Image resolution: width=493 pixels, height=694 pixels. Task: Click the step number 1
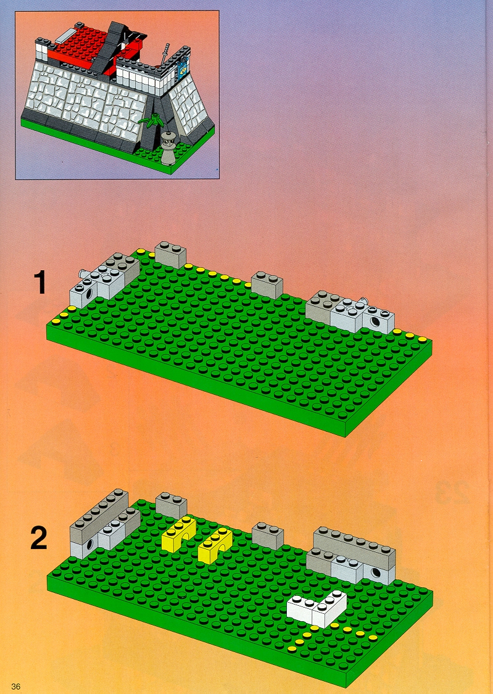tap(40, 283)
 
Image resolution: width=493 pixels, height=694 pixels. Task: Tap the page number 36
tap(16, 687)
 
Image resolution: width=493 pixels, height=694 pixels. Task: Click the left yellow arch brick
tap(178, 534)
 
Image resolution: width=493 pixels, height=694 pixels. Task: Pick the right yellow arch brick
tap(215, 545)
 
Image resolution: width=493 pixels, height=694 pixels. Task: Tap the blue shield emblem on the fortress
tap(182, 69)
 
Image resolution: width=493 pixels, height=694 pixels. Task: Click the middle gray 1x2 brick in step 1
tap(267, 284)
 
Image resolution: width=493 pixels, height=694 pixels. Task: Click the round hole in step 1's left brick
tap(89, 294)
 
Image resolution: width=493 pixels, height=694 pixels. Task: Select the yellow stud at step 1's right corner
tap(423, 339)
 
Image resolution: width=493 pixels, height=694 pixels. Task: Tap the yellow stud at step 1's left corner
tap(56, 320)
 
